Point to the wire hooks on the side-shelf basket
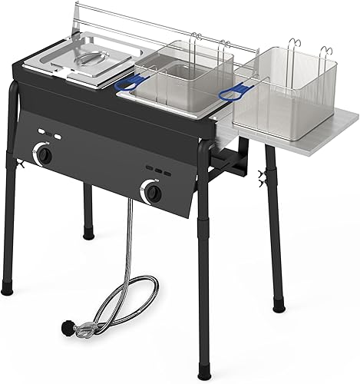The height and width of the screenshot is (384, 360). point(295,45)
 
